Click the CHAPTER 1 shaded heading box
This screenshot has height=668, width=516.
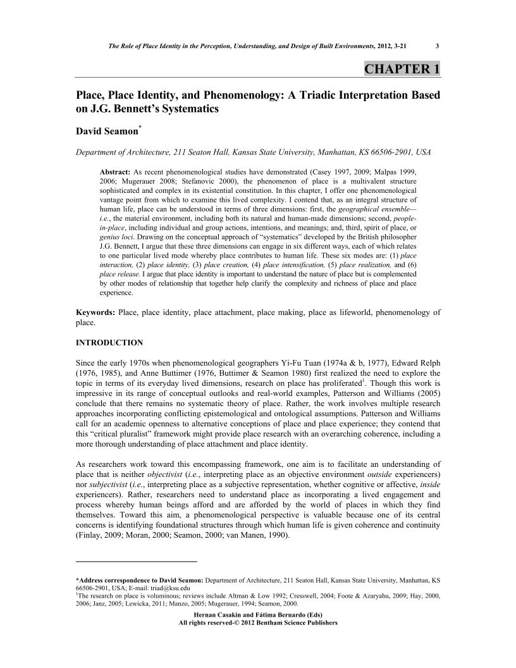coord(402,69)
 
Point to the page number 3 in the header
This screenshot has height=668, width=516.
coord(438,45)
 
